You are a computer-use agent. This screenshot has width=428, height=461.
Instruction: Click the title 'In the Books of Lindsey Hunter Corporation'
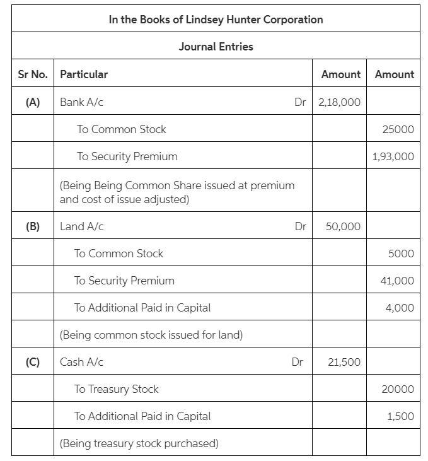pos(216,20)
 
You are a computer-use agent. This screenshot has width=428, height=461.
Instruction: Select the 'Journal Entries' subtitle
pos(216,47)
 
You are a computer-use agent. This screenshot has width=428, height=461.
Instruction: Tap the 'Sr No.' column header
pos(32,74)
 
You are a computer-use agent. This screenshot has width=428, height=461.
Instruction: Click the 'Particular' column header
pos(84,74)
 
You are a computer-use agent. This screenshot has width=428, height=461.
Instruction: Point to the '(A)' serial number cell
pos(32,102)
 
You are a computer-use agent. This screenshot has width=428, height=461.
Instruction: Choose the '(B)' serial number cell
pos(32,226)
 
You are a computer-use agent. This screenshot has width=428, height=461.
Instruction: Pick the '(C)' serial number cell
pos(32,362)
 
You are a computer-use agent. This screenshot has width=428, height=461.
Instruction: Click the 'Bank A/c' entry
pos(81,102)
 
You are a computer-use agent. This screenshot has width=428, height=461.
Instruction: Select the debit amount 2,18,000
pos(339,102)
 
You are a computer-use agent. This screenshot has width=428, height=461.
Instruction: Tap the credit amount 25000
pos(398,129)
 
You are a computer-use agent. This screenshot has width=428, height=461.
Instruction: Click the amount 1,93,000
pos(393,156)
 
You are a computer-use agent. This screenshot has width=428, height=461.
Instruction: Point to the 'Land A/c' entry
pos(82,226)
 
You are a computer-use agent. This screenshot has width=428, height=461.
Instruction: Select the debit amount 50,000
pos(343,226)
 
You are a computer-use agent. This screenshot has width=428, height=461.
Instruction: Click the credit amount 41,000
pos(397,281)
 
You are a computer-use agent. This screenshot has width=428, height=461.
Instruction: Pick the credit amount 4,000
pos(400,308)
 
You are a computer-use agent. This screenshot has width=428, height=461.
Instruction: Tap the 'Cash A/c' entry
pos(81,362)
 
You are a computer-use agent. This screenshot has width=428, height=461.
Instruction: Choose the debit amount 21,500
pos(344,362)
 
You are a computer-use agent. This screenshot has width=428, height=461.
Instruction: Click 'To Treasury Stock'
pos(116,389)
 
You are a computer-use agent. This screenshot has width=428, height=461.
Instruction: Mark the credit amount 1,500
pos(401,416)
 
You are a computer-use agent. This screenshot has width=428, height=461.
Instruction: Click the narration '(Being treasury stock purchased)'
pos(139,443)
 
